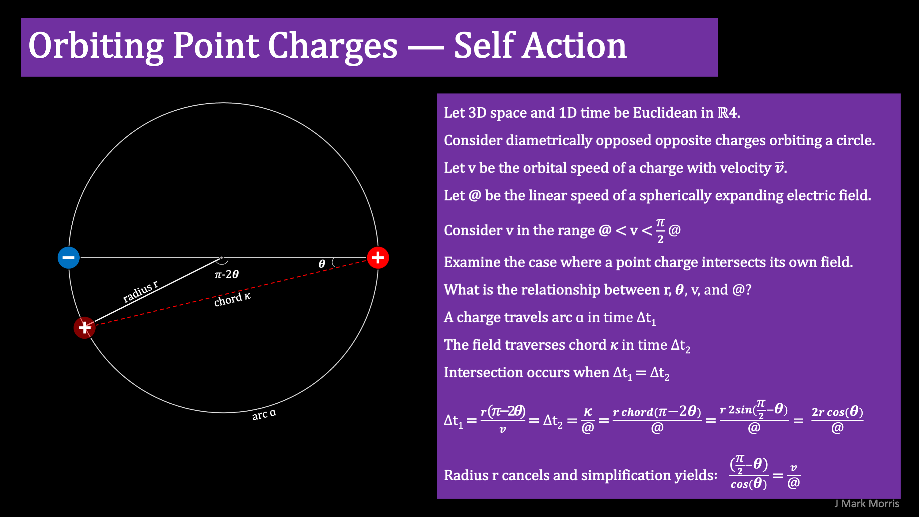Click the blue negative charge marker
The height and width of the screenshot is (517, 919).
[69, 257]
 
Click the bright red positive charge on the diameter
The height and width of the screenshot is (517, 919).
[378, 257]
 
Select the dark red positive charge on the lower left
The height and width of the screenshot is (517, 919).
[85, 328]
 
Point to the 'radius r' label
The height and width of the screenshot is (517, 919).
[141, 291]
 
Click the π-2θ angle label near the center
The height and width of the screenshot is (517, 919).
[227, 274]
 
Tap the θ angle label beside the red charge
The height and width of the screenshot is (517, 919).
[322, 264]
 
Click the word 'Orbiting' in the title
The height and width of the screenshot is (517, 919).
[96, 46]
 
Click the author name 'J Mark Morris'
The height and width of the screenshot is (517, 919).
[866, 504]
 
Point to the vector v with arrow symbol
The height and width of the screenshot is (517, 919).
[779, 167]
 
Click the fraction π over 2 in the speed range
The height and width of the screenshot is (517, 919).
[660, 230]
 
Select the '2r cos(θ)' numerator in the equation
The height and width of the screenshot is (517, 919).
[837, 412]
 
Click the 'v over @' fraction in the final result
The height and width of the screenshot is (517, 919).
[794, 476]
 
